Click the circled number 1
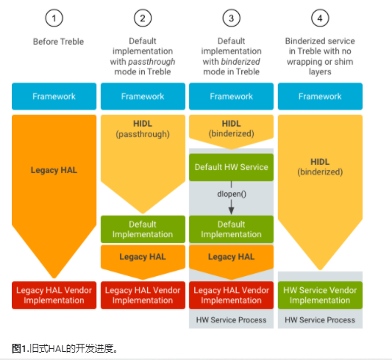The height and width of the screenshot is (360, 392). click(x=54, y=17)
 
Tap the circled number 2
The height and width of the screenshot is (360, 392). click(x=143, y=17)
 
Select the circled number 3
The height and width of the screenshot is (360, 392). click(x=232, y=17)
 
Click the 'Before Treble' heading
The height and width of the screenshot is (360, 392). click(x=54, y=41)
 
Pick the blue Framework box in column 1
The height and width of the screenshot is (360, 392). click(x=54, y=96)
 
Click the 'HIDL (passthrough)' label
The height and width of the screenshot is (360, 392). click(x=143, y=130)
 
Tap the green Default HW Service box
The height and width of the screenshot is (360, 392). click(x=232, y=167)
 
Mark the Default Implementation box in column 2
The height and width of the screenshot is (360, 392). click(x=143, y=229)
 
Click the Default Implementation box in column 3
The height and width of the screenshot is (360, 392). click(x=232, y=229)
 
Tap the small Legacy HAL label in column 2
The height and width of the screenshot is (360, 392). click(x=143, y=256)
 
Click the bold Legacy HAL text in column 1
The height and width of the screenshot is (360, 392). click(x=54, y=169)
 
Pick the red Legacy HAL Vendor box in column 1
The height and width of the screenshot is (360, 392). click(x=54, y=294)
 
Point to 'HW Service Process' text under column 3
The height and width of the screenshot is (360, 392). click(x=232, y=320)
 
